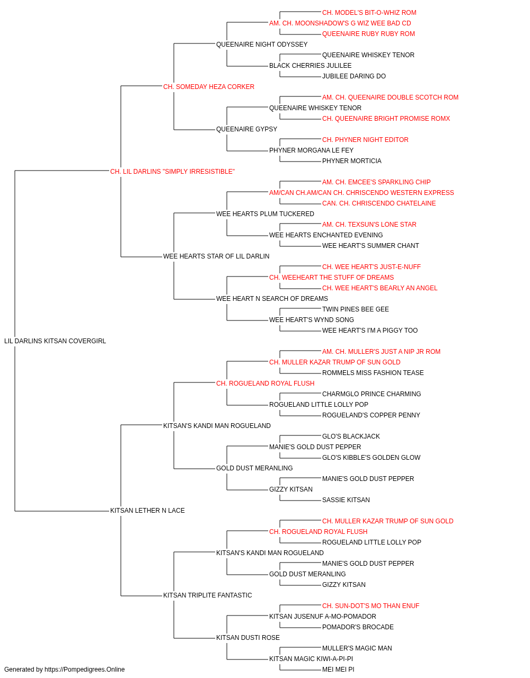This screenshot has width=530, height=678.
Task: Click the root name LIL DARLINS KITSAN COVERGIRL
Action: [55, 341]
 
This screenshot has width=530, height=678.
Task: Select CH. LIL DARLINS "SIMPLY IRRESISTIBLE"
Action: [172, 172]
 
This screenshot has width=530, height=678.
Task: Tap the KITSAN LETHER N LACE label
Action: [147, 511]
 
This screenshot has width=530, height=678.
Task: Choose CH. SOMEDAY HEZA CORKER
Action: [208, 87]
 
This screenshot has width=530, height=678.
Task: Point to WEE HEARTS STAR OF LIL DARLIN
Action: [216, 256]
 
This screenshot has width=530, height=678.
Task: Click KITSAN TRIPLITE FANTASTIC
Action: [207, 595]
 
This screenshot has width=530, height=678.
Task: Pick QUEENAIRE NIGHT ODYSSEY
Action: [262, 44]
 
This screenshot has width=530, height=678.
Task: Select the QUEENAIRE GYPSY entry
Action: [246, 129]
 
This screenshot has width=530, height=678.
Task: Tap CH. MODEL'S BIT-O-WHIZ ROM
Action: [369, 13]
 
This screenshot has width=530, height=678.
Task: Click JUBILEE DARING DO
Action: [354, 76]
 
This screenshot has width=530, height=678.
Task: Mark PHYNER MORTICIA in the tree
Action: [351, 161]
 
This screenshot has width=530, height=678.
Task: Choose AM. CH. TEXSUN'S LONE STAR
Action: [369, 225]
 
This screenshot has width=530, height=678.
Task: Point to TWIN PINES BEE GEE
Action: [355, 309]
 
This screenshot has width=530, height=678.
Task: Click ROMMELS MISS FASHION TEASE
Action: [373, 373]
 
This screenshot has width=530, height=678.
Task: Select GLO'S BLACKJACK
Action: [351, 436]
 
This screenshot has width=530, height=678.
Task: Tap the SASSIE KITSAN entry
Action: [346, 500]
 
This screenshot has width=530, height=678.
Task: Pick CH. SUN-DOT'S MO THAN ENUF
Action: [370, 606]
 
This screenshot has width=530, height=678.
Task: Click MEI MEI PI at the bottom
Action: [338, 670]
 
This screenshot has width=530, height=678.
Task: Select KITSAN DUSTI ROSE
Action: [248, 637]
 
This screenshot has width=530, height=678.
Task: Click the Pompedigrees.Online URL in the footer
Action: [85, 670]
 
